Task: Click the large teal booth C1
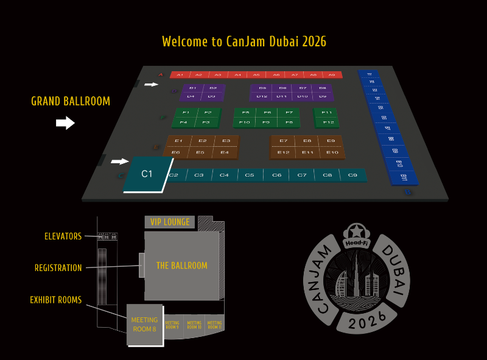coord(147,174)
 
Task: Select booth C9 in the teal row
coord(352,175)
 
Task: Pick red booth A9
coord(332,75)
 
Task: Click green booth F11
coord(327,113)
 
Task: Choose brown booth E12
coord(284,152)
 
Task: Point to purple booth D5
coord(262,88)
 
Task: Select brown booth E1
coord(178,141)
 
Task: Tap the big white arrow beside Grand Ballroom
coord(65,124)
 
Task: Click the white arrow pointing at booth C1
coord(120,161)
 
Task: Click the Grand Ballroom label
coord(71,101)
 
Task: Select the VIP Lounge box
coord(170,222)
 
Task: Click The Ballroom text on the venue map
coord(181,266)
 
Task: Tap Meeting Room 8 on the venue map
coord(144,325)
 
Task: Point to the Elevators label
coord(63,236)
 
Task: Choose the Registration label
coord(58,268)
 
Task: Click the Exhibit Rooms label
coord(55,300)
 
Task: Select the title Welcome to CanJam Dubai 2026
coord(244,41)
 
